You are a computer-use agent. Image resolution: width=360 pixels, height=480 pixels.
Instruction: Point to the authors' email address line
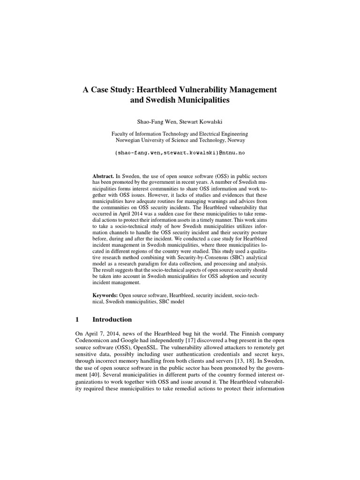pos(180,153)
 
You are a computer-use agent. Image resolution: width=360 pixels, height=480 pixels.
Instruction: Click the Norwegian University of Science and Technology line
pos(180,140)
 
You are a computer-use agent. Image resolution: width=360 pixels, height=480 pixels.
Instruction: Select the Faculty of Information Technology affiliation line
pos(180,134)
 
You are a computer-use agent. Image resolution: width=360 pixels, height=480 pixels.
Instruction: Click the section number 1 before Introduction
pos(77,320)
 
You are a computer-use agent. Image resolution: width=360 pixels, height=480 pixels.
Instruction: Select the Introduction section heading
pos(112,320)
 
